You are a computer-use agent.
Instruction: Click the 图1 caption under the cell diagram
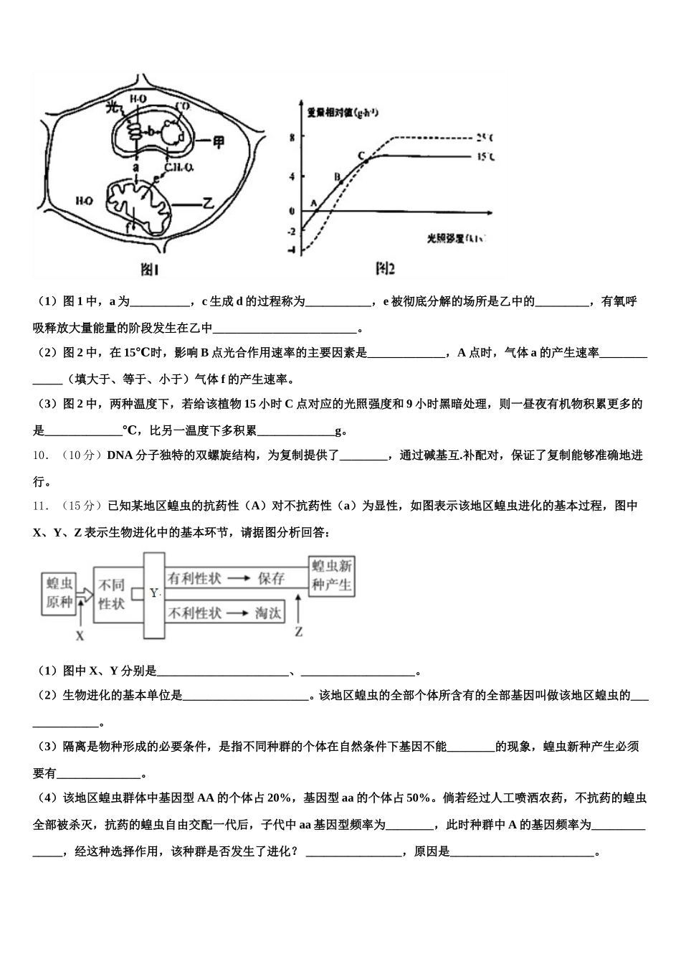[x=149, y=270]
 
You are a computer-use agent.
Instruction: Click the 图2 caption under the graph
[x=385, y=269]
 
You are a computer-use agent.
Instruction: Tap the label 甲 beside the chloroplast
[x=219, y=141]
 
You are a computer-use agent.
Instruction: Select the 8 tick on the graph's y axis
[x=292, y=136]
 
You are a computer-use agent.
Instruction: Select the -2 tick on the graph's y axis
[x=290, y=231]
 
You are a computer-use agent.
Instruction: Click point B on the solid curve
[x=337, y=176]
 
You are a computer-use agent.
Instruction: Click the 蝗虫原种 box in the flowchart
[x=59, y=592]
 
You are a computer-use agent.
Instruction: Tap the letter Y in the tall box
[x=154, y=593]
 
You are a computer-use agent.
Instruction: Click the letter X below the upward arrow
[x=80, y=635]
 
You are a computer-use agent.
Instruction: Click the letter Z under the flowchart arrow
[x=298, y=632]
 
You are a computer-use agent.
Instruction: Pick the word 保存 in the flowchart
[x=272, y=578]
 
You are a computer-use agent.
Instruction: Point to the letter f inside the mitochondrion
[x=130, y=227]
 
